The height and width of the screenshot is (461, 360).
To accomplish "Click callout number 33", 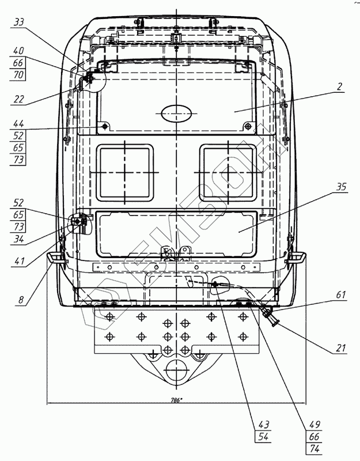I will [x=19, y=22].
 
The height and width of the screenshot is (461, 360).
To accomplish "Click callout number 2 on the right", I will [x=340, y=87].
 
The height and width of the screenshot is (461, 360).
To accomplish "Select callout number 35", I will [x=341, y=187].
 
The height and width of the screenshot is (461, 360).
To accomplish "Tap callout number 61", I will [x=341, y=294].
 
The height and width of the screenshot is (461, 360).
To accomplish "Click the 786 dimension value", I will [x=176, y=399].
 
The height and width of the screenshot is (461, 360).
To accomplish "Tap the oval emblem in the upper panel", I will [x=176, y=113].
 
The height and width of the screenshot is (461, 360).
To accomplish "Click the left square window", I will [x=126, y=172].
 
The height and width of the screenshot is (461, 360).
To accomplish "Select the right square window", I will [x=228, y=172].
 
